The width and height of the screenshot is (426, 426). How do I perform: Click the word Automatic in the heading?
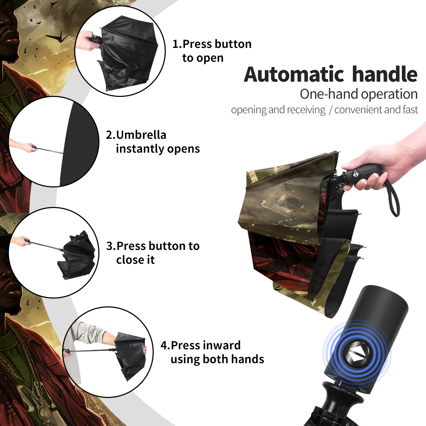[294, 75]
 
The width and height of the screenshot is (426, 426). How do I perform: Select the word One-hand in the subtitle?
[329, 94]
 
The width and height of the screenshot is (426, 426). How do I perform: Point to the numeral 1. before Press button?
[177, 44]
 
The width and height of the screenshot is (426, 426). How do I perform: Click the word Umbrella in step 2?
[141, 135]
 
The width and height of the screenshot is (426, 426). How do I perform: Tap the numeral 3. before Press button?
[111, 246]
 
